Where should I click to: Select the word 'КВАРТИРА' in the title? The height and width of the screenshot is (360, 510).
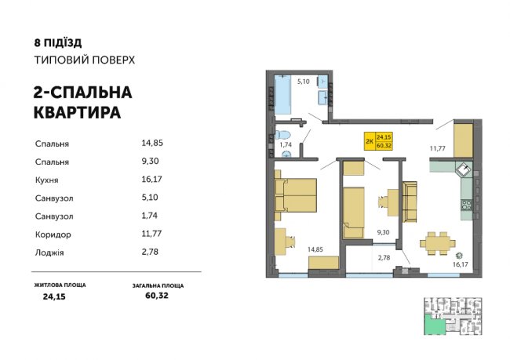(x=77, y=112)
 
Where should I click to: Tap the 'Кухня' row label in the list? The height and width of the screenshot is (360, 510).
(x=49, y=180)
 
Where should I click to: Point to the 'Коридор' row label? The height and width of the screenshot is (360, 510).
(x=53, y=234)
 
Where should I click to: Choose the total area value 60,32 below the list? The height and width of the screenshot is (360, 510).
(x=157, y=296)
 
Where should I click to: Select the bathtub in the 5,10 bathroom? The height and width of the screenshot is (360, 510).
(x=283, y=96)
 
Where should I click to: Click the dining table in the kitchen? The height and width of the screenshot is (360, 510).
(x=435, y=242)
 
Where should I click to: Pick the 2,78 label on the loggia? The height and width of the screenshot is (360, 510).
(x=384, y=257)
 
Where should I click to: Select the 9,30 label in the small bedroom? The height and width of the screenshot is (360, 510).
(x=383, y=232)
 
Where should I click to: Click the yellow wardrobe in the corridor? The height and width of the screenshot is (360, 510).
(x=464, y=140)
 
